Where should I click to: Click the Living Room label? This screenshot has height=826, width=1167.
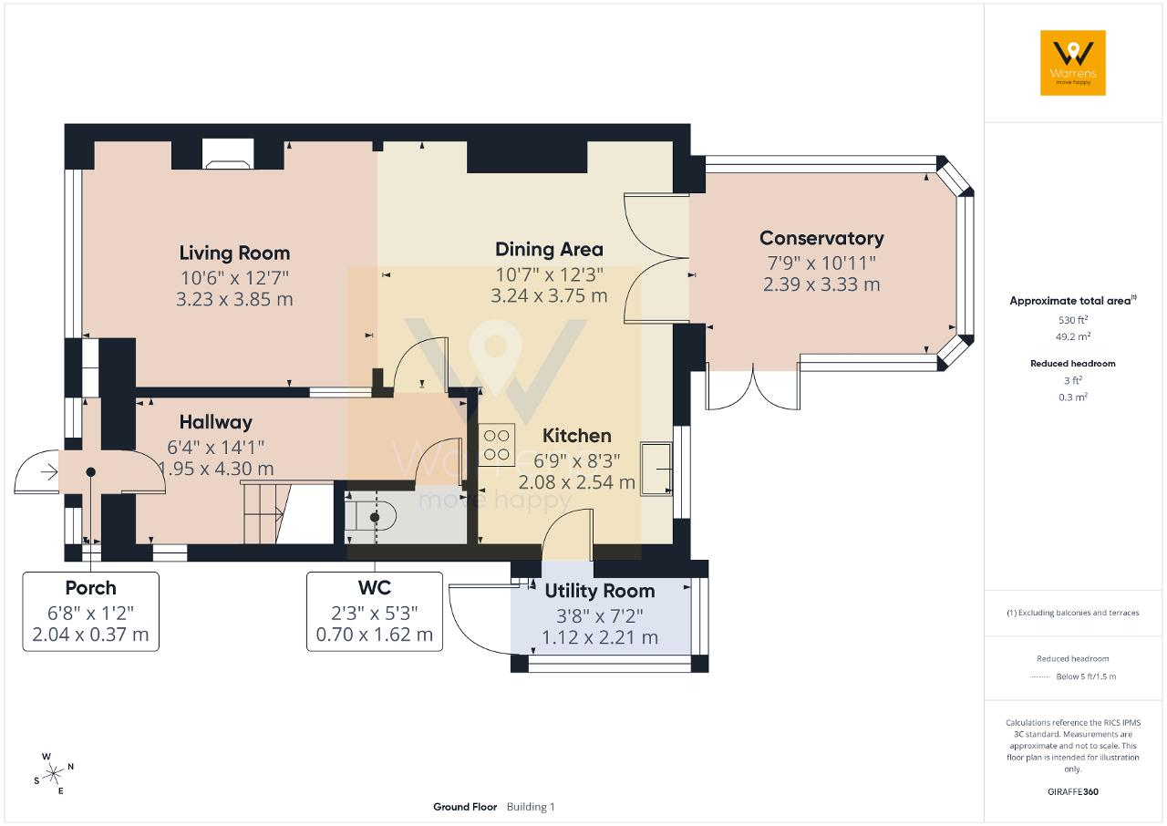tap(234, 253)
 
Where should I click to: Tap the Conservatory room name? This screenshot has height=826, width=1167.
tap(821, 239)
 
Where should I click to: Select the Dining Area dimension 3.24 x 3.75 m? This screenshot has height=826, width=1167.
tap(549, 295)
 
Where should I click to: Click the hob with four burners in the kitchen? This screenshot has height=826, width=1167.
tap(497, 445)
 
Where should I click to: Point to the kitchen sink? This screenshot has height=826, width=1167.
tap(656, 469)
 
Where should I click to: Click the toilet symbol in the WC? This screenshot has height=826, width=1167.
tap(370, 517)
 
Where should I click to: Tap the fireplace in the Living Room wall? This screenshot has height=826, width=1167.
tap(228, 154)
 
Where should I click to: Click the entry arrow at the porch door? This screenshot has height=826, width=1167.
tap(49, 472)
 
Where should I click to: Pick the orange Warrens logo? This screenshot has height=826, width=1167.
tap(1073, 63)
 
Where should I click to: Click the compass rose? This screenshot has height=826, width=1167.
tap(53, 774)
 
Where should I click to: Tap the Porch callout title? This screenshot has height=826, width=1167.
tap(90, 588)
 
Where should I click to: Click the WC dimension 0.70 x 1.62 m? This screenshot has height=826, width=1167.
tap(375, 635)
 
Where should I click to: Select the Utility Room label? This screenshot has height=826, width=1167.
tap(600, 591)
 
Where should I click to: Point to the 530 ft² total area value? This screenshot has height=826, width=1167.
tap(1073, 320)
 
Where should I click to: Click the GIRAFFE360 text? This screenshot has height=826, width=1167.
tap(1073, 791)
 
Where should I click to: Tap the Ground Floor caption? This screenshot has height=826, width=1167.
tap(465, 807)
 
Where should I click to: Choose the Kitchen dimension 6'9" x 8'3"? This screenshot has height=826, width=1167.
tap(577, 461)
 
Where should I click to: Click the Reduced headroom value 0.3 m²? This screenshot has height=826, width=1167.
tap(1073, 397)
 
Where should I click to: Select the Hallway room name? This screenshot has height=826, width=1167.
tap(216, 422)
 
